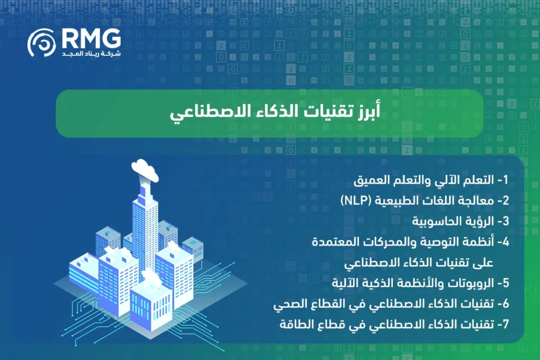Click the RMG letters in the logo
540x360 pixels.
click(x=91, y=38)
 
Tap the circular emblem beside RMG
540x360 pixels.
click(x=42, y=43)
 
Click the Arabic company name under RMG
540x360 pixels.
click(x=91, y=53)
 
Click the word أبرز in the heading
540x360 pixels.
click(x=363, y=113)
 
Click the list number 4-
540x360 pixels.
click(x=503, y=242)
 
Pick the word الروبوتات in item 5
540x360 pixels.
click(x=470, y=283)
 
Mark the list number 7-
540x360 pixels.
click(x=503, y=324)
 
